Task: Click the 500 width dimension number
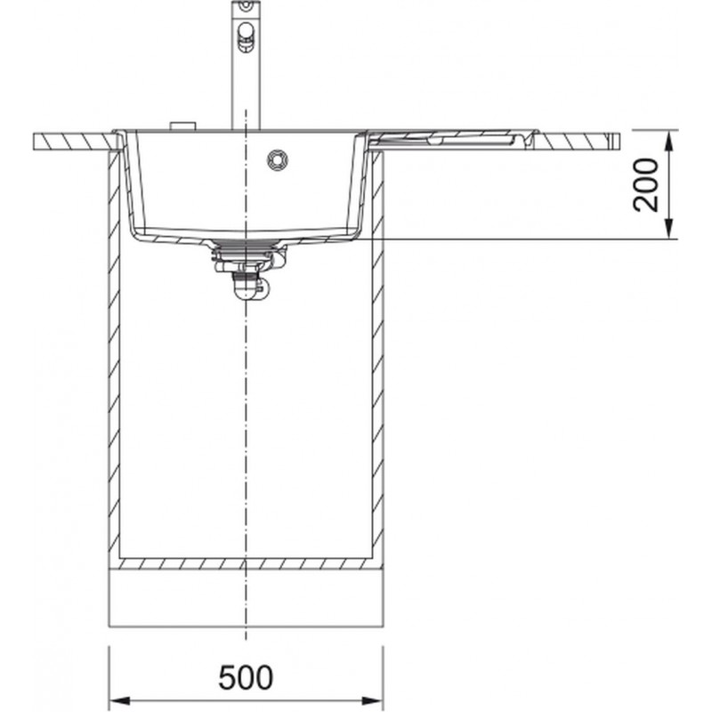246,677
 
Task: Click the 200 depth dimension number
645,185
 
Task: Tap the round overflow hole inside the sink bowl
277,160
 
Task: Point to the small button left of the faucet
182,126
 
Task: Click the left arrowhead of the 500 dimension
120,700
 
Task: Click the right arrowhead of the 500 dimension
372,700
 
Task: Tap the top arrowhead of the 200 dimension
669,141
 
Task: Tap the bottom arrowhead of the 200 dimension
669,229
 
